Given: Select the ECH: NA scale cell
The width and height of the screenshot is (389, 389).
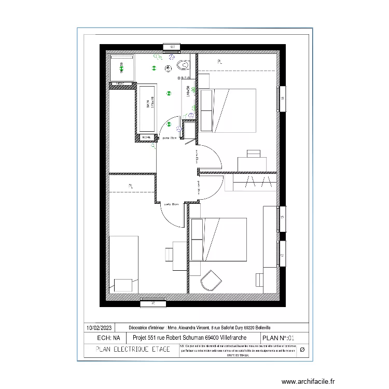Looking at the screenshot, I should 105,338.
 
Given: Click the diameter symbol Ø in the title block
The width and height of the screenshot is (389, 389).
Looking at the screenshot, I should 302,350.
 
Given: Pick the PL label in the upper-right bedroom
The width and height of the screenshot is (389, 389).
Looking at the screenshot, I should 220,62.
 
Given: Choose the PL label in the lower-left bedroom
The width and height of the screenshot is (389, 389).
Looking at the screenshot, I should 131,185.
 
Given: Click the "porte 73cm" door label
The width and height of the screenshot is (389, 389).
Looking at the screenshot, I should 170,138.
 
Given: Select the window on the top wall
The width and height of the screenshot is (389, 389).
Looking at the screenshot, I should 171,48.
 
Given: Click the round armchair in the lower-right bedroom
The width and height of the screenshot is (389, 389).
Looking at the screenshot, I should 210,281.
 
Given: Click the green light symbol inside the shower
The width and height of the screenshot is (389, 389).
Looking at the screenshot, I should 122,66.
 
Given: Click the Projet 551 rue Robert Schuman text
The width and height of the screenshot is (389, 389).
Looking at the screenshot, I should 189,338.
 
